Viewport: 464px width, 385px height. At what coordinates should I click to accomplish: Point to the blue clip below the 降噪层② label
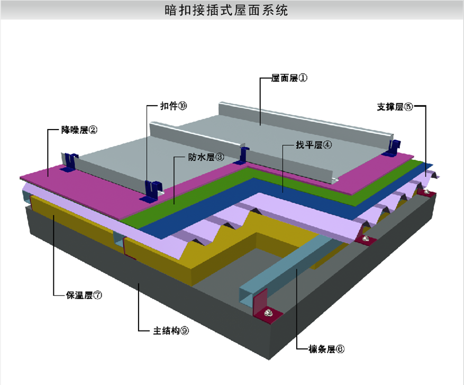[70, 162]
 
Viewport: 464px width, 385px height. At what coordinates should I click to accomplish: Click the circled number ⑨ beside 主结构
[184, 331]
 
